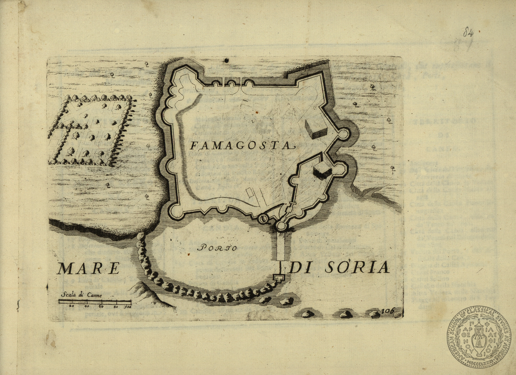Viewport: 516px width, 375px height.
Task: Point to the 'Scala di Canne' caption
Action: pos(81,295)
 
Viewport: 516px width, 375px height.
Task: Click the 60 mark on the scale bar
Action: pos(101,306)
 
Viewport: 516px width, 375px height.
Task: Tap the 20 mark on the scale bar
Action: pos(71,306)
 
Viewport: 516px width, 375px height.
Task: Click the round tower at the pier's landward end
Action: pos(281,226)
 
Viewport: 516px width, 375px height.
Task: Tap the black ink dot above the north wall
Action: pos(226,61)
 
